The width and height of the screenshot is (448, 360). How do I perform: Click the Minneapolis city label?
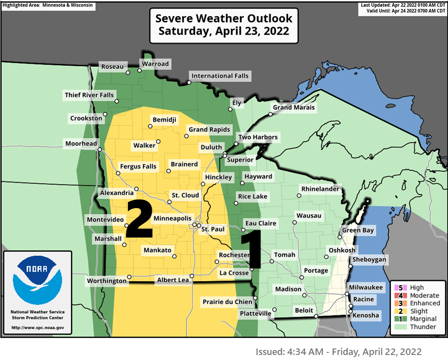172,219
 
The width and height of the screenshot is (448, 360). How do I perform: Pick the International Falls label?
219,76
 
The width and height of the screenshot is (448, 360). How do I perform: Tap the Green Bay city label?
358,231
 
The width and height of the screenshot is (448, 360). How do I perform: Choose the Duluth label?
211,147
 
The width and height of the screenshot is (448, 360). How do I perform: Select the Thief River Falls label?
89,95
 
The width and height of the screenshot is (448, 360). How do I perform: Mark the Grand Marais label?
294,107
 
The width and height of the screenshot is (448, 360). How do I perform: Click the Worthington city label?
107,281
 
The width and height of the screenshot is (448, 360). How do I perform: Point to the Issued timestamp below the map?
338,351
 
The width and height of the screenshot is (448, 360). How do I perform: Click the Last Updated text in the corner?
402,5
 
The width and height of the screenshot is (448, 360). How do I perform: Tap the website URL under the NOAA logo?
38,328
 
